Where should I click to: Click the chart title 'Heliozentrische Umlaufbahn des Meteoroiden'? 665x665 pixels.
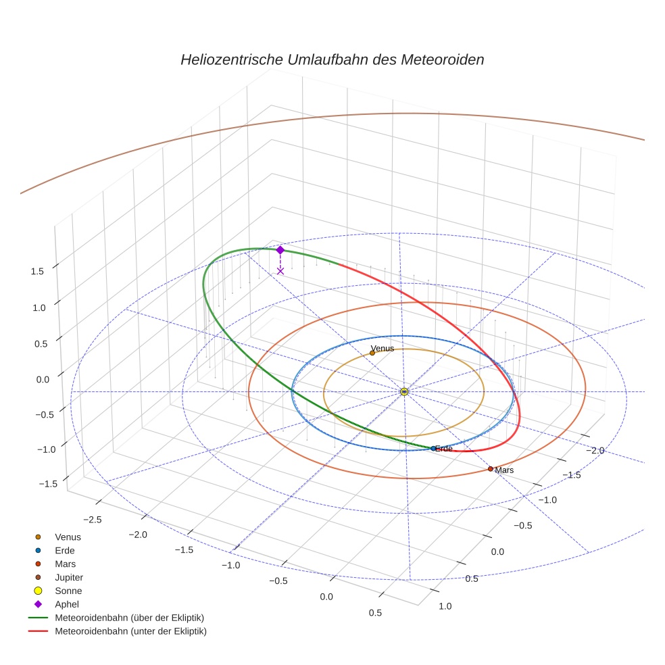(332, 59)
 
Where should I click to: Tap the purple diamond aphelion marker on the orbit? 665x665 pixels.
(280, 250)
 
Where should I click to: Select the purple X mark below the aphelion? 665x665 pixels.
(280, 271)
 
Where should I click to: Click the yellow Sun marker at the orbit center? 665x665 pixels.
(404, 391)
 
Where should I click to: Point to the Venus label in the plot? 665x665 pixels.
(383, 349)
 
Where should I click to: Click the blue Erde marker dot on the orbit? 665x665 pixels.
(433, 449)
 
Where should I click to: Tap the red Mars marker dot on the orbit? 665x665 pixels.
(491, 469)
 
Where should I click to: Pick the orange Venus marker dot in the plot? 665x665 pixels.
(372, 353)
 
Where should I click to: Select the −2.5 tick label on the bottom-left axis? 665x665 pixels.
(91, 519)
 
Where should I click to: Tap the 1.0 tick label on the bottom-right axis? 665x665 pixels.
(445, 606)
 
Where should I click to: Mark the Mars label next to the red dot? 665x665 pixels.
(505, 470)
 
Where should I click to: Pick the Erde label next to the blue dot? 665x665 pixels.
(444, 449)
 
